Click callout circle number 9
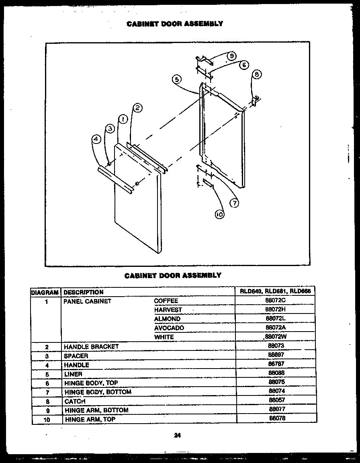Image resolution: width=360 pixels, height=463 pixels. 232,56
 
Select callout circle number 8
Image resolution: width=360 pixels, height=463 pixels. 257,74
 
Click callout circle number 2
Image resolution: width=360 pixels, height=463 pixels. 137,108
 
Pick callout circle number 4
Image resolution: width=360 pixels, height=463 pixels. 96,139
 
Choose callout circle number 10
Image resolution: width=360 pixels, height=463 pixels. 219,215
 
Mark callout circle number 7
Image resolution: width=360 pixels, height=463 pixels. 234,203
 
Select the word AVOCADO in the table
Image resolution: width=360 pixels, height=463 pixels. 169,328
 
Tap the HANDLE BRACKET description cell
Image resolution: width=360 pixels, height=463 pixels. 91,346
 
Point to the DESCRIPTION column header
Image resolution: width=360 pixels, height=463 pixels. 84,292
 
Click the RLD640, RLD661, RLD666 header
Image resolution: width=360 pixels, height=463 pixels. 276,291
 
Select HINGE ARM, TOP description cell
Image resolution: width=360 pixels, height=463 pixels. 90,419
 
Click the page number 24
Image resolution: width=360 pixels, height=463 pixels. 177,434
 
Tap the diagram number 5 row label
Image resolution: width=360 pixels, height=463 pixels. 47,374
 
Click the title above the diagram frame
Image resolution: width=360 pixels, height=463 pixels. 174,24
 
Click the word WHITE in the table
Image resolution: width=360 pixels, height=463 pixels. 164,337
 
